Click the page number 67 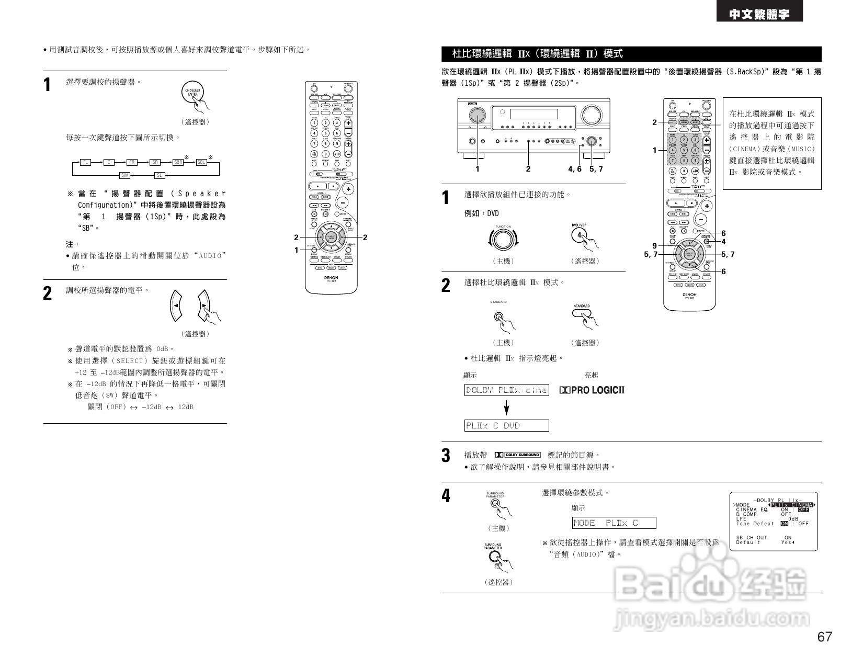824,637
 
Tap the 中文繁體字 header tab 759,15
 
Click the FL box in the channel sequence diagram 86,162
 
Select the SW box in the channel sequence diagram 124,175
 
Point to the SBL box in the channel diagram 201,162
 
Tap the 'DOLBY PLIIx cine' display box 506,390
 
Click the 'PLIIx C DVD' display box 506,426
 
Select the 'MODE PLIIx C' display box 614,523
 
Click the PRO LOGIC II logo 592,390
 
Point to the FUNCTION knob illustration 503,239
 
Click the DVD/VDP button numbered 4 580,235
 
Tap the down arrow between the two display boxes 506,408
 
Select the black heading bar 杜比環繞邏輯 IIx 631,54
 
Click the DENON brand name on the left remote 331,277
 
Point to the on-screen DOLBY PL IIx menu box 773,522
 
